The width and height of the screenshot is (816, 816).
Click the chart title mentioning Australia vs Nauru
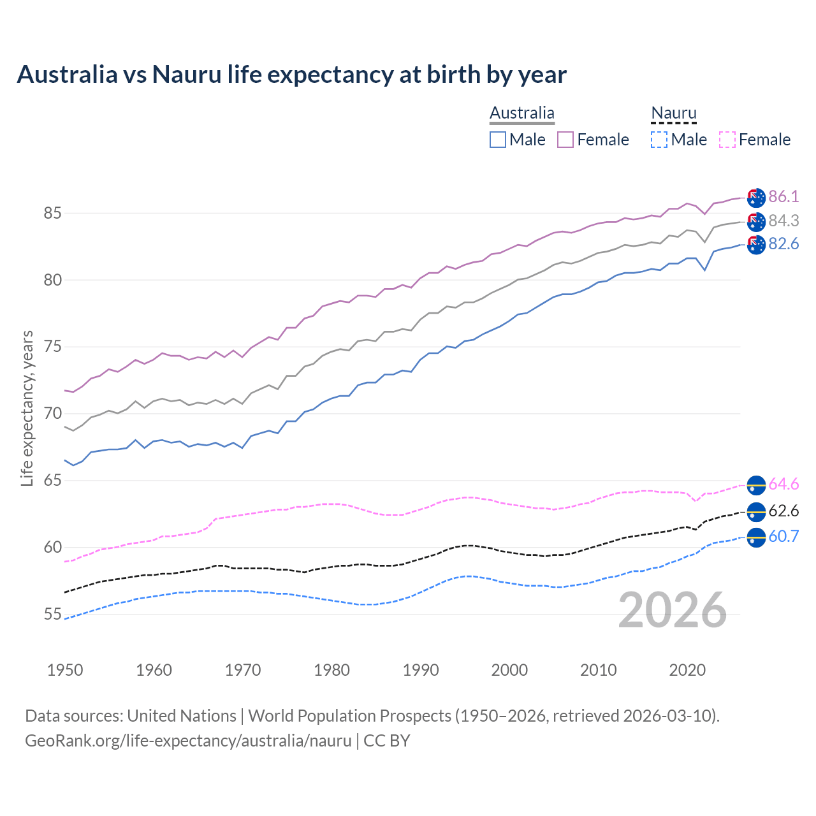point(291,75)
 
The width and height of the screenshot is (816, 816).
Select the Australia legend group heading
point(521,113)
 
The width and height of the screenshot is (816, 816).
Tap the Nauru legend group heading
point(673,113)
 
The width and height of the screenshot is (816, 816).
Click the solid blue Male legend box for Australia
point(498,140)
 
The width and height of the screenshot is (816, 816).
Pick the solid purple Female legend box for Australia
point(565,140)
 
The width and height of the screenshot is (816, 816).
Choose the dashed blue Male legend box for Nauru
point(659,140)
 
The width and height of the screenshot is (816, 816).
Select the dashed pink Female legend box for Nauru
point(727,140)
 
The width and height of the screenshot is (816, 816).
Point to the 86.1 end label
point(783,196)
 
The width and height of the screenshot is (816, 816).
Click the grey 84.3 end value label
point(783,221)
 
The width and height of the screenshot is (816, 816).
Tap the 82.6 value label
point(783,244)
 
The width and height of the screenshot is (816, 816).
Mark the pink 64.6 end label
point(783,484)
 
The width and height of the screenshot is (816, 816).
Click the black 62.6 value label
point(783,511)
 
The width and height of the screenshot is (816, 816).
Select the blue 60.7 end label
point(783,537)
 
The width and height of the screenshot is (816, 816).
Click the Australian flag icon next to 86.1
point(756,198)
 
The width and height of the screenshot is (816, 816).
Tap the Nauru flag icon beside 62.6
point(756,512)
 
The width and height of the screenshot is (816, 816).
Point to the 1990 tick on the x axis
point(421,670)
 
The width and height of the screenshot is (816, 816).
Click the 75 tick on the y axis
point(52,347)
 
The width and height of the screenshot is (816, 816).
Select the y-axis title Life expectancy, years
point(27,408)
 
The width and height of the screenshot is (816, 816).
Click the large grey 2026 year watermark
point(672,611)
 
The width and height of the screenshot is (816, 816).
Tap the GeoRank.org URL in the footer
point(188,741)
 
